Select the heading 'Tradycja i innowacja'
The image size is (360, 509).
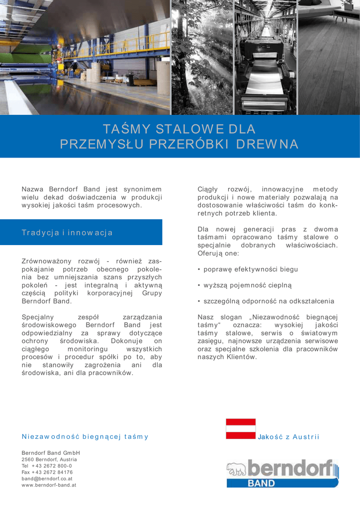tap(67, 232)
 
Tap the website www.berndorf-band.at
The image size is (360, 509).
tap(49, 484)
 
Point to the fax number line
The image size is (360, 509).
tap(47, 472)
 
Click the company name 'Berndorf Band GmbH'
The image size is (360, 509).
tap(51, 453)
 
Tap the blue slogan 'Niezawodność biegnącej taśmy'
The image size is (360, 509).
tap(85, 437)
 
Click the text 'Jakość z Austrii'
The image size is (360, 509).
tap(288, 437)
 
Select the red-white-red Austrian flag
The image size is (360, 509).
tap(241, 429)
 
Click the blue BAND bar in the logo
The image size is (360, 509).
tap(271, 483)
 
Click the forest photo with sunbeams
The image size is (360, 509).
tap(202, 57)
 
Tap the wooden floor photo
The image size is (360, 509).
tap(329, 57)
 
